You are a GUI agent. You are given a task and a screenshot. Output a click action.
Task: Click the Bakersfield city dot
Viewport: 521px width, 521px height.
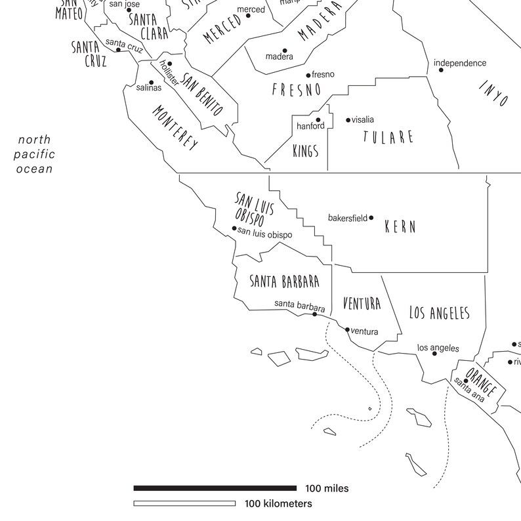[371, 217]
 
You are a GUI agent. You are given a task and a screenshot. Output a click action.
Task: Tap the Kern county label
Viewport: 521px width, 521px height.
[400, 226]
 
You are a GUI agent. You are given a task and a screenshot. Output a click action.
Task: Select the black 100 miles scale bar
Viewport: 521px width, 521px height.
[215, 488]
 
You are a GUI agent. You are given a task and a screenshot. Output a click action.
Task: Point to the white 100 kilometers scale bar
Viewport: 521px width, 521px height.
[184, 504]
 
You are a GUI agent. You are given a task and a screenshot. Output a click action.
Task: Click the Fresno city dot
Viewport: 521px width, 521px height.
[308, 75]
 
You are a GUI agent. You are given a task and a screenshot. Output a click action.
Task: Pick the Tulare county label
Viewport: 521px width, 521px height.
[388, 136]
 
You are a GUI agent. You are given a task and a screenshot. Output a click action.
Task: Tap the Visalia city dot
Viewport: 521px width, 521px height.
[348, 119]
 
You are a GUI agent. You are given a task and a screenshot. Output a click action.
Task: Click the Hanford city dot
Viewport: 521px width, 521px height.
[318, 120]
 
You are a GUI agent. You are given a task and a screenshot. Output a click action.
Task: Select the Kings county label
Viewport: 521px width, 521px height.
[305, 152]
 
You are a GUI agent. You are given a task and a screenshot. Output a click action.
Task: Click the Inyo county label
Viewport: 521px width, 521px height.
[493, 94]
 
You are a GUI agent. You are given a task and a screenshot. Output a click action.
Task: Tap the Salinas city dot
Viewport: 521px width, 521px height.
[152, 82]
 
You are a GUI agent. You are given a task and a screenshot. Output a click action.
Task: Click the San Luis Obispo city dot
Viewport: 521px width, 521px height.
[234, 228]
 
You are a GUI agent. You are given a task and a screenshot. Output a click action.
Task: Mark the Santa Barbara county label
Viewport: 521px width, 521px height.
[284, 281]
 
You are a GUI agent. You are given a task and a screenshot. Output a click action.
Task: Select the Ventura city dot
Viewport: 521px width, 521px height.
[348, 329]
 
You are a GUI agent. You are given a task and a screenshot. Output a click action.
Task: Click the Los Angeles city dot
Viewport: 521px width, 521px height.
[434, 354]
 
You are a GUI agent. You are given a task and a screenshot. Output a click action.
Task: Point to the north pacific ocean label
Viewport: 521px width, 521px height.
[35, 154]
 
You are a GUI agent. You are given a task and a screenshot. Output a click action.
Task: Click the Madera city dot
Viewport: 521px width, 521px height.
[285, 50]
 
